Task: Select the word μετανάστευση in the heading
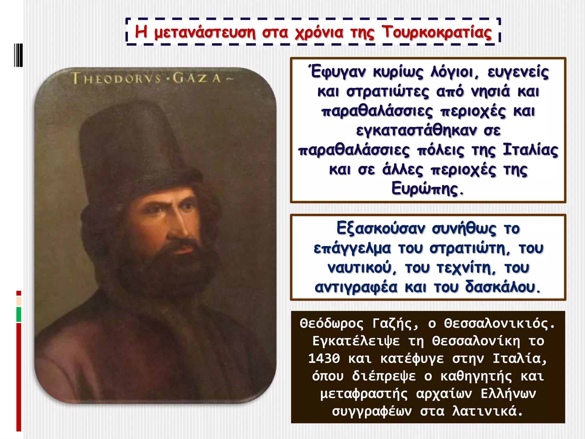pyautogui.click(x=205, y=32)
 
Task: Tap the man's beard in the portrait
pyautogui.click(x=166, y=266)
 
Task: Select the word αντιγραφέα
pyautogui.click(x=356, y=287)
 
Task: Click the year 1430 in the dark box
pyautogui.click(x=324, y=358)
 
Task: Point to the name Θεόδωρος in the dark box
pyautogui.click(x=332, y=324)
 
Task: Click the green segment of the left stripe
pyautogui.click(x=19, y=314)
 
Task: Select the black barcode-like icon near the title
pyautogui.click(x=18, y=55)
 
